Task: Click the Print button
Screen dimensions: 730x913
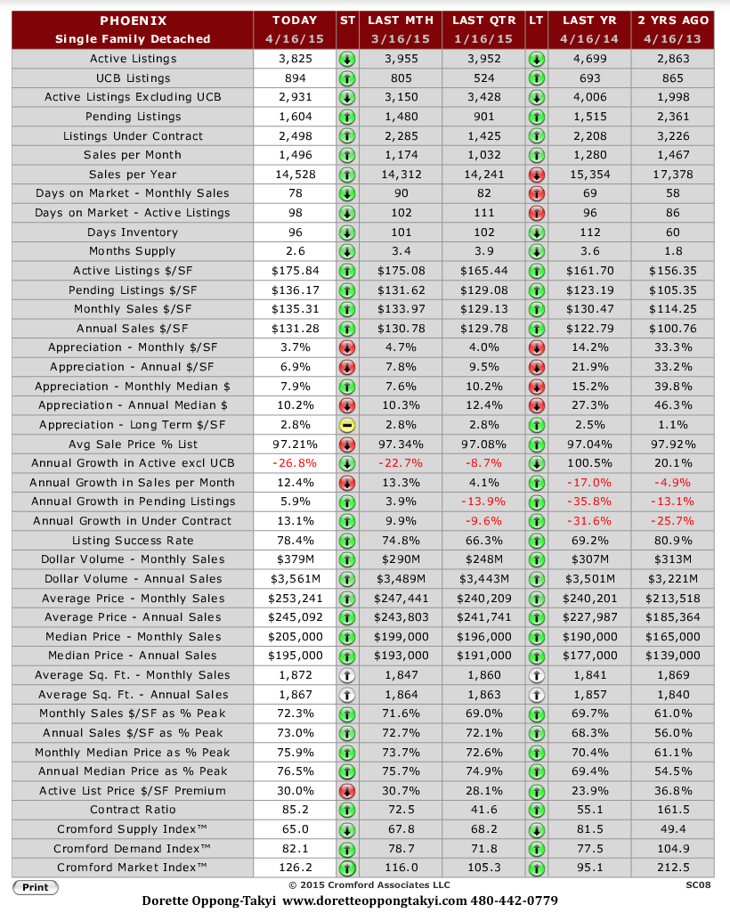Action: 36,887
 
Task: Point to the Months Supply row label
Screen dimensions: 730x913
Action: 132,251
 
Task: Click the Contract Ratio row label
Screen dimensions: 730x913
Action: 133,810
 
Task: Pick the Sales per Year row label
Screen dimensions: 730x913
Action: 133,175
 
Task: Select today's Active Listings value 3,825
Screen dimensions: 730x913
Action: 296,59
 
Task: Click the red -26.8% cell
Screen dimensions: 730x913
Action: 296,463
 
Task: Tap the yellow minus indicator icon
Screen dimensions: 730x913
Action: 347,425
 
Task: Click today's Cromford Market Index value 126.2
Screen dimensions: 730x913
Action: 296,868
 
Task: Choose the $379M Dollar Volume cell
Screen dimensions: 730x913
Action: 296,559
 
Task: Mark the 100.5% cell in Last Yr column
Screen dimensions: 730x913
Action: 589,463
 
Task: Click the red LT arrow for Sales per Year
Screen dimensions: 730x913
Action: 536,175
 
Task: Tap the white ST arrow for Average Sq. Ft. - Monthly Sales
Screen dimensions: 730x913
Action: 347,675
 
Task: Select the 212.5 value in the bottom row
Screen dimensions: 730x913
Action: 673,868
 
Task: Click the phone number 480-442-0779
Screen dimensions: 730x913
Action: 514,901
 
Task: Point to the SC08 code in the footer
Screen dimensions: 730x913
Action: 698,885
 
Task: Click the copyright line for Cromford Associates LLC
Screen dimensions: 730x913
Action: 369,885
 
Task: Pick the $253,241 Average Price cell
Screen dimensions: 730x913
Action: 296,599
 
